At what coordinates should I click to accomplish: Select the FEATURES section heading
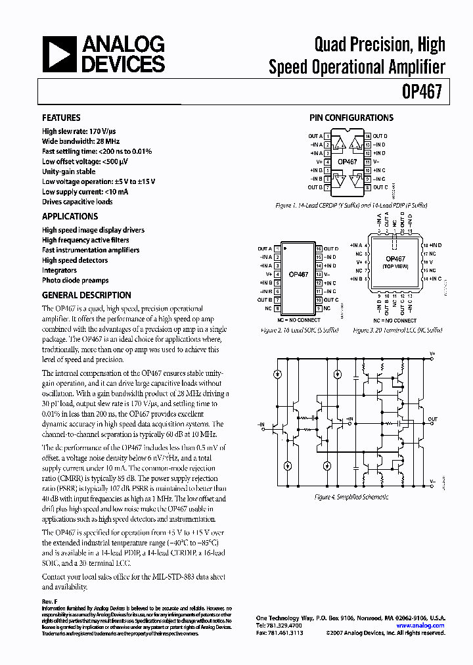[62, 118]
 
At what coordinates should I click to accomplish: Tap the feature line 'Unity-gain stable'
[69, 172]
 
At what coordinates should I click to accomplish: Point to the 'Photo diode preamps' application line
[76, 280]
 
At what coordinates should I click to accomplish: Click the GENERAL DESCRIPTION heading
[87, 295]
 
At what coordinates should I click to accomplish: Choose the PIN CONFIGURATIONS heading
[351, 118]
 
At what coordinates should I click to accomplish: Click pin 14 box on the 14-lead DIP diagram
[368, 136]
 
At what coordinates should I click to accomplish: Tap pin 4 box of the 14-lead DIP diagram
[327, 161]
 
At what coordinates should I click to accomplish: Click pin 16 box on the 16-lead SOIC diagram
[318, 248]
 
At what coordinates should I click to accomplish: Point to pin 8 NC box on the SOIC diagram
[278, 308]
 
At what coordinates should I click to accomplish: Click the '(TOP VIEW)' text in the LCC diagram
[395, 267]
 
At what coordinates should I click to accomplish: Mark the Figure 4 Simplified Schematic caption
[351, 497]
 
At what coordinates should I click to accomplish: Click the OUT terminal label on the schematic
[432, 419]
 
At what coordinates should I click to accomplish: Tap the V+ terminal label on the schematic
[432, 354]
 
